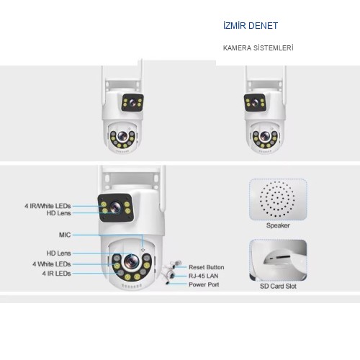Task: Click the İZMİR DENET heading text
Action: coord(251,26)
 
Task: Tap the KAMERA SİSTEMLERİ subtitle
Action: coord(258,48)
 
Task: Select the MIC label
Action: coord(65,235)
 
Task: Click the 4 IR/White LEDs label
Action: coord(48,206)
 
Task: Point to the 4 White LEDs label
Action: coord(52,264)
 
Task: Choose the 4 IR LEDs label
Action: coord(56,274)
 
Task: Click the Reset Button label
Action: coord(207,267)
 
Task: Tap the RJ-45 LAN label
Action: coord(204,276)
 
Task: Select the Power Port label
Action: coord(204,284)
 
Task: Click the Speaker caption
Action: coord(278,225)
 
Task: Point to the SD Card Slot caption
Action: coord(278,286)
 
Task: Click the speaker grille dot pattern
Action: coord(277,199)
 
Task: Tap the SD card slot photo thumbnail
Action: coord(278,260)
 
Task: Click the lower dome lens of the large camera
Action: coord(131,261)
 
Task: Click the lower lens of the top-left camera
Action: coord(122,136)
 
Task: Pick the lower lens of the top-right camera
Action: coord(265,136)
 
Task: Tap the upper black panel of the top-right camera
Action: coord(255,103)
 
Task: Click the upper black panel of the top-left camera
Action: coord(132,103)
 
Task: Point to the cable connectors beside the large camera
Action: coord(172,272)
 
